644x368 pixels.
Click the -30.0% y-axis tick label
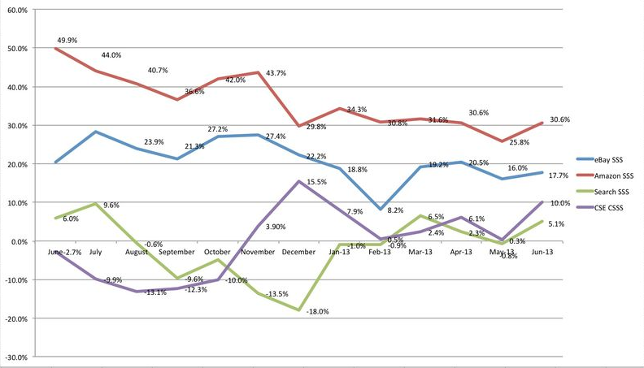pos(18,357)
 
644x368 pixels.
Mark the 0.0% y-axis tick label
pos(20,241)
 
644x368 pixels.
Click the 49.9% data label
pos(67,39)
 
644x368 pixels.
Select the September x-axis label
pos(176,253)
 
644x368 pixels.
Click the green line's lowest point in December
pos(300,310)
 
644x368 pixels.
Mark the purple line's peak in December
pos(299,181)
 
